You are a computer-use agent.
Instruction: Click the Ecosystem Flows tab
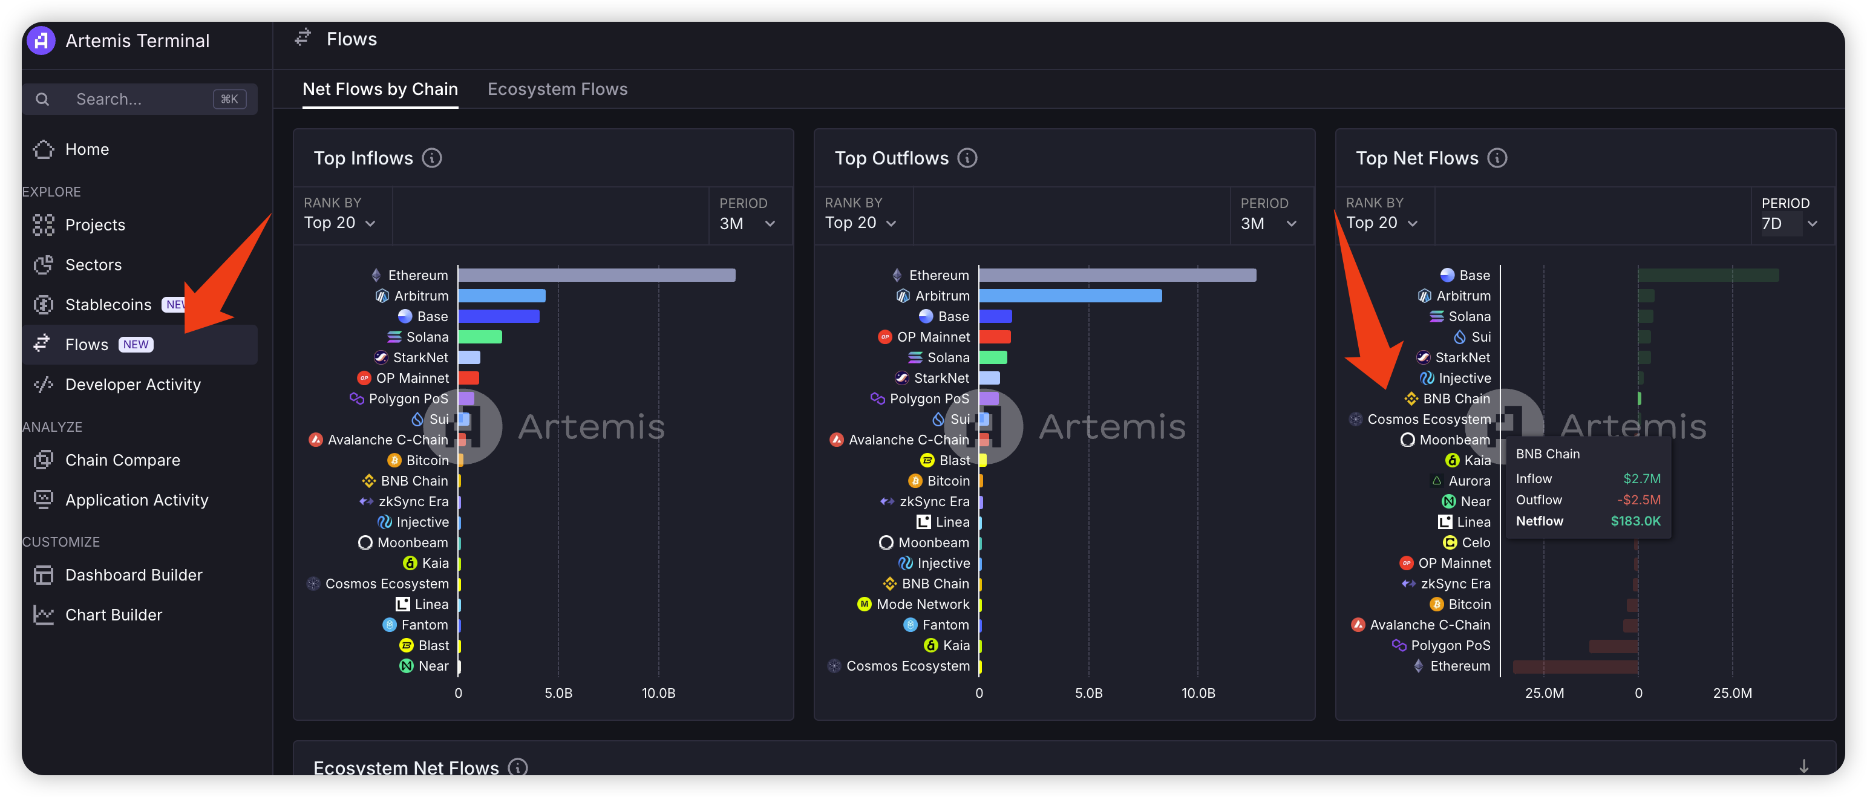point(557,89)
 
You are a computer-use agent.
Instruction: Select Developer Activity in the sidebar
point(132,385)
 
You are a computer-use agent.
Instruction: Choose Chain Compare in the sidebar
point(122,460)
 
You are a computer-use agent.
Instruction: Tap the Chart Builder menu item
point(113,615)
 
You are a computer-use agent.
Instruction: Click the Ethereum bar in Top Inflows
point(596,275)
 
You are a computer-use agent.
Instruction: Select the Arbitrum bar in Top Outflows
point(1070,296)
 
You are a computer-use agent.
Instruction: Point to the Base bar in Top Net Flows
point(1707,275)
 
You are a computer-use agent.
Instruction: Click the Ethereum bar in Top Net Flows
point(1575,666)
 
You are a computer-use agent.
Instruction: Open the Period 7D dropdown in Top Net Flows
point(1789,223)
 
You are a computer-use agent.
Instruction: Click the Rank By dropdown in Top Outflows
point(860,223)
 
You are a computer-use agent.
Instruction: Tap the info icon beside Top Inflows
point(432,158)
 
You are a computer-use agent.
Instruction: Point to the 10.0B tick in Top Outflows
point(1198,694)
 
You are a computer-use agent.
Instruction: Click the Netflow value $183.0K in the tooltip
point(1635,521)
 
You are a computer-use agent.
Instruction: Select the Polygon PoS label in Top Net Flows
point(1450,646)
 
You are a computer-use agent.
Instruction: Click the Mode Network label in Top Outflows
point(922,604)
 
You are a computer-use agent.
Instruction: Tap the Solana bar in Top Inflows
point(480,337)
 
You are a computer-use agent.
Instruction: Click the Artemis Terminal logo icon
point(41,41)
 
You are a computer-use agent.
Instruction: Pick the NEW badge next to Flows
point(136,345)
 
